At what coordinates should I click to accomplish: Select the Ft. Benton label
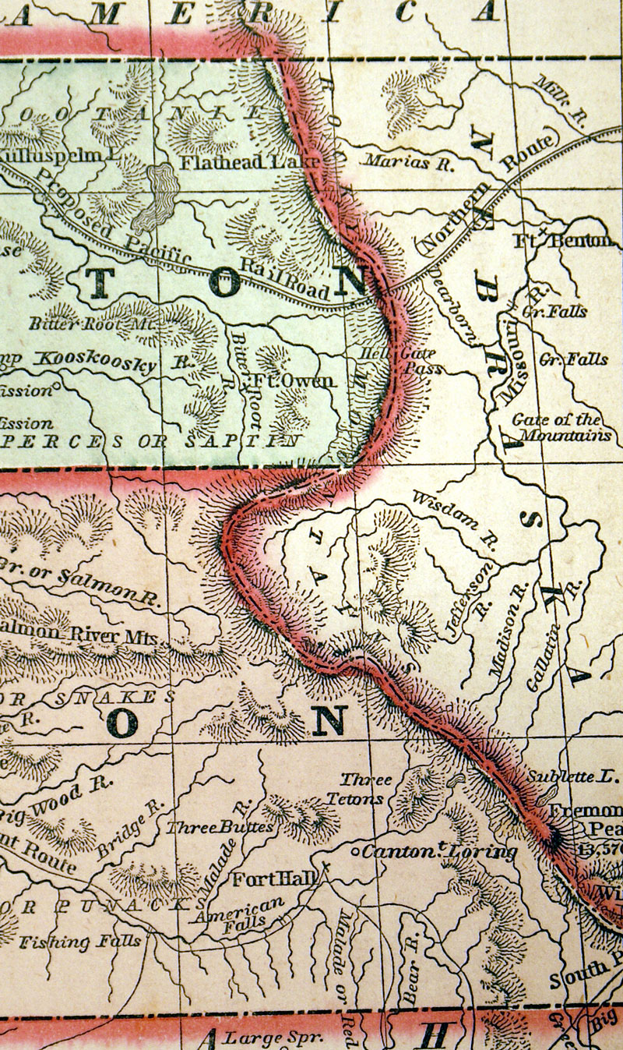click(x=561, y=241)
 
